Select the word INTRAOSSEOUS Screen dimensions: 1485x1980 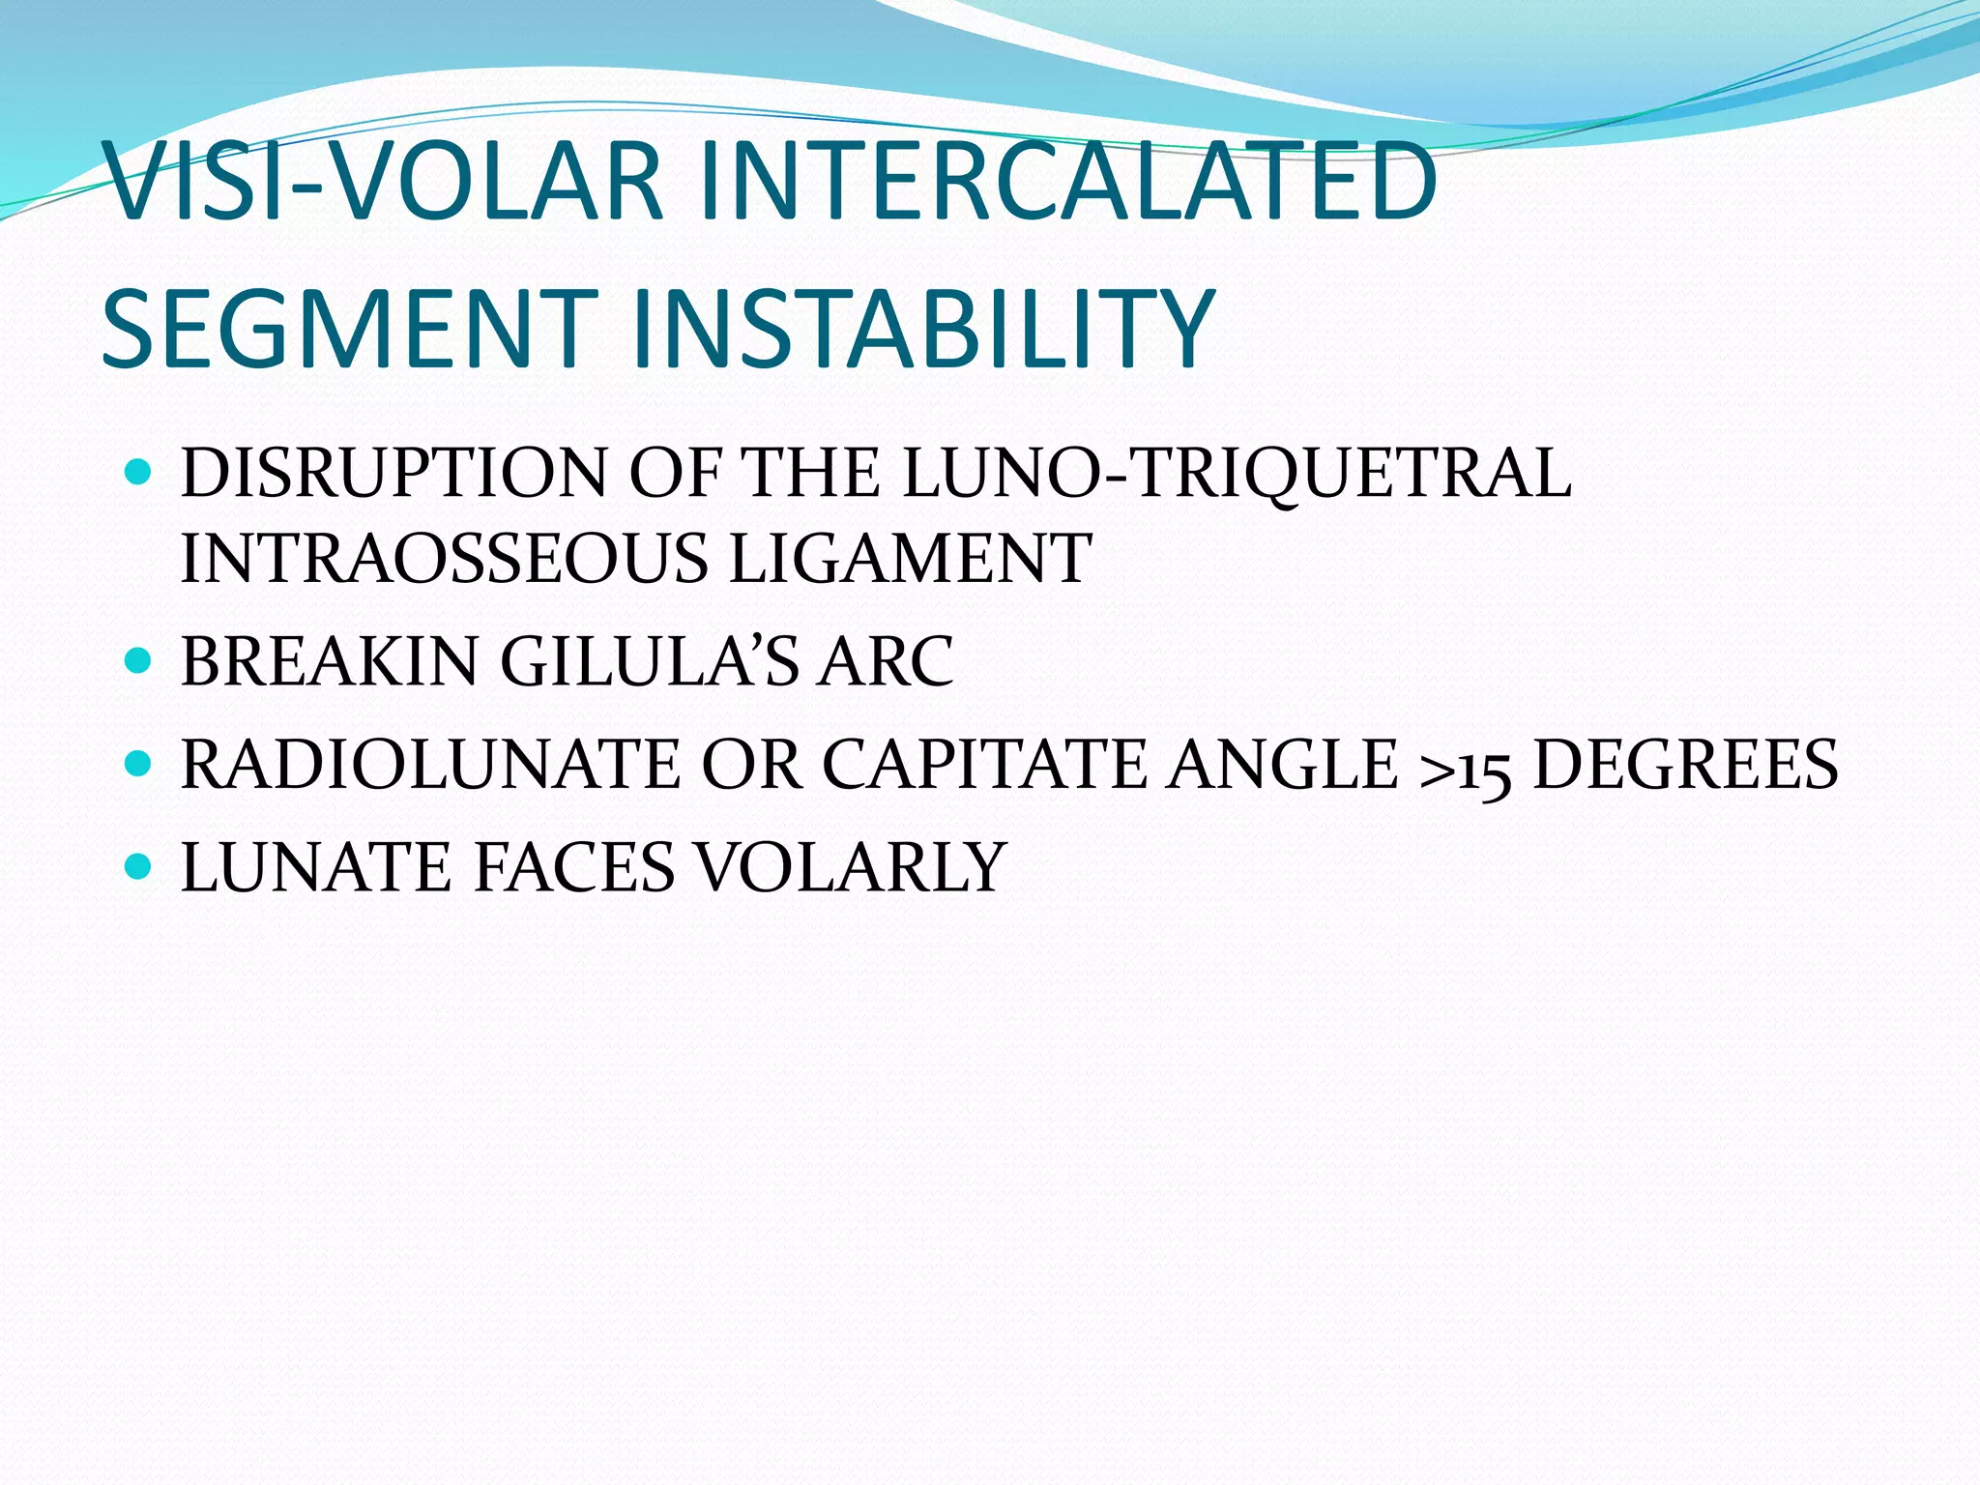click(444, 559)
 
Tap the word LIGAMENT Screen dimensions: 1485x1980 click(910, 559)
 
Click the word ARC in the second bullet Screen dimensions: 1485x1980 click(886, 661)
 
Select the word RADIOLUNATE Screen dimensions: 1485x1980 click(431, 764)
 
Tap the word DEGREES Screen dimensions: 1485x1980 click(1686, 764)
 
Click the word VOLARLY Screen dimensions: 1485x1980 click(852, 866)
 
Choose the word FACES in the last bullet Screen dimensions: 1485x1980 click(574, 866)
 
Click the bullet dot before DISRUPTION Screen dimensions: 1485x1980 click(139, 472)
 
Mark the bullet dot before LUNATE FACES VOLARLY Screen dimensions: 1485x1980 click(139, 864)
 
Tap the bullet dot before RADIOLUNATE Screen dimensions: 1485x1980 click(139, 763)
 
